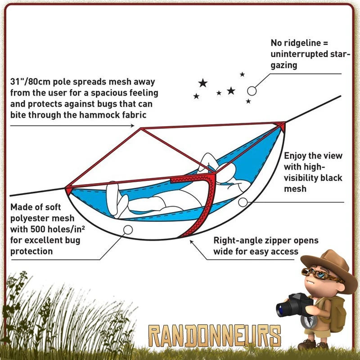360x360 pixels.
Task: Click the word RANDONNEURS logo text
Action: pos(215,336)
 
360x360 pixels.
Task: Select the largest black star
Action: pos(203,83)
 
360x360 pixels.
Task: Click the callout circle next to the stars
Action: pos(252,91)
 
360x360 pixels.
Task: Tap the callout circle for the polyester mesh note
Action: pos(128,229)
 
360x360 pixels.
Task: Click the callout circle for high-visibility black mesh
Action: pos(243,202)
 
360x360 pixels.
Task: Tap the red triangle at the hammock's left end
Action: pos(69,190)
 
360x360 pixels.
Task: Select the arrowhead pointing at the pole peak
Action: pos(132,126)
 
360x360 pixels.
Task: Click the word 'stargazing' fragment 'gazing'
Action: pos(284,65)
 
